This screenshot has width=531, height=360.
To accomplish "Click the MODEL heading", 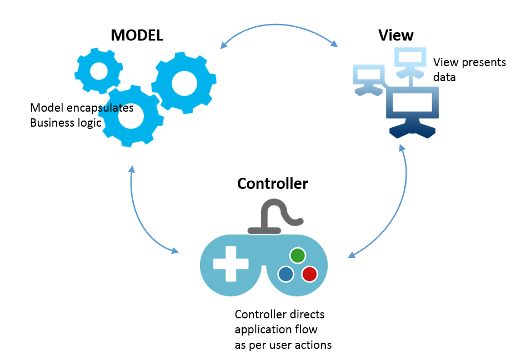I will point(137,36).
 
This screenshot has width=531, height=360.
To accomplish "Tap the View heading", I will point(395,36).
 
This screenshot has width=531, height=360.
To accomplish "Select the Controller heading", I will point(272,183).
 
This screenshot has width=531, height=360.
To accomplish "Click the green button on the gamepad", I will point(298,255).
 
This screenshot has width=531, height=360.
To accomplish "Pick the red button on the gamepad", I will point(309,274).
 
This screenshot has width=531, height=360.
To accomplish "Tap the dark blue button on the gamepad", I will point(286,274).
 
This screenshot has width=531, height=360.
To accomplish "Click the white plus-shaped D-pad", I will point(231,265).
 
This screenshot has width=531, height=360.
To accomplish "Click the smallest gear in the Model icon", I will point(98,71).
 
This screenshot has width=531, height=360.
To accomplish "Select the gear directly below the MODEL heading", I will point(183,83).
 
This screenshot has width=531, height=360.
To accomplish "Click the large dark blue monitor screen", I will point(412,106).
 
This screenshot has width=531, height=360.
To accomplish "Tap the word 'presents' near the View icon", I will point(482,62).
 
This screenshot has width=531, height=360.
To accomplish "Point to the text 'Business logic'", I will point(66,123).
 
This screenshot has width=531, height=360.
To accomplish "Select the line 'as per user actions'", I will point(283,345).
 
